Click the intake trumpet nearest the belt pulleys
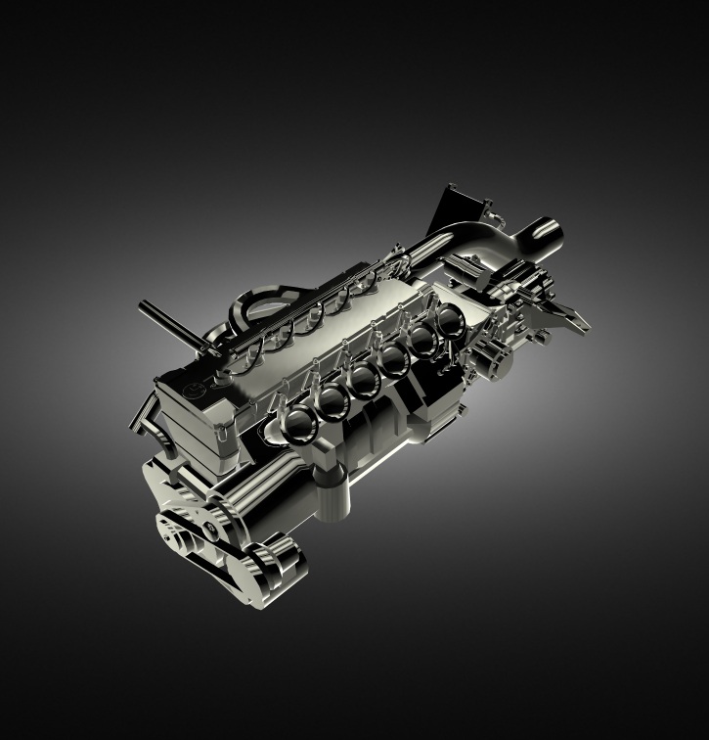(x=296, y=423)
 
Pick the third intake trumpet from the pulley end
(x=365, y=379)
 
